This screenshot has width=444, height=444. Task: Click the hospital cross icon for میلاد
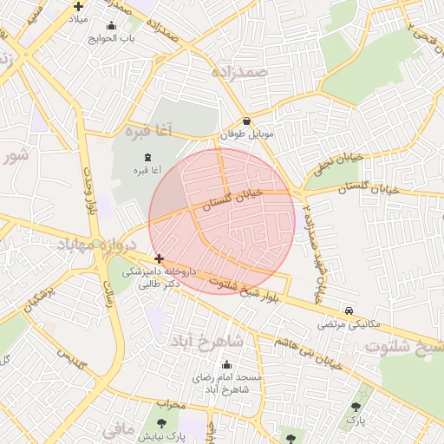click(78, 7)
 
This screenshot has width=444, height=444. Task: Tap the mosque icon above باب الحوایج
click(111, 26)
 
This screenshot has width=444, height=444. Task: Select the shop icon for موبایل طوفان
click(247, 122)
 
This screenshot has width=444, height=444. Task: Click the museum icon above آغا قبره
click(146, 157)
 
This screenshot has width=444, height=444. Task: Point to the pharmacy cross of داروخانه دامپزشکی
click(159, 258)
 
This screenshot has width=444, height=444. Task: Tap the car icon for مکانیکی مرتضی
click(349, 310)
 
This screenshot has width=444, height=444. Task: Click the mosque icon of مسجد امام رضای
click(227, 365)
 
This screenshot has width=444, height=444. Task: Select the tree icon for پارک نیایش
click(162, 423)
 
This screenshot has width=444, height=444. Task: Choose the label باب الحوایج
click(111, 38)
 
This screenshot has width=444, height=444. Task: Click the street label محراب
click(172, 404)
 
